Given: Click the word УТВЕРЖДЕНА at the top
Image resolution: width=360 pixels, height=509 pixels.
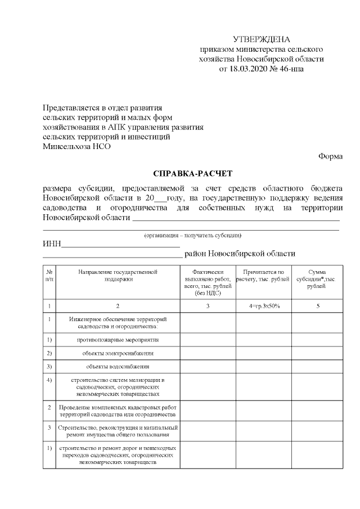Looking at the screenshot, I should point(262,39).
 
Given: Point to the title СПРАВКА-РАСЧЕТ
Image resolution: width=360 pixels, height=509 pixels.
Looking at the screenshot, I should point(193,174).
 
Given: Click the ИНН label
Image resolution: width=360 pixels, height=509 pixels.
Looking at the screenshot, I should point(52,245).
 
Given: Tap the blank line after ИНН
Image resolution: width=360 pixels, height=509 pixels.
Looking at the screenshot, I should point(120,245).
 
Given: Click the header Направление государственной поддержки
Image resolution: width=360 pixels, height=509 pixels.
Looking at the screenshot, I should point(118,275).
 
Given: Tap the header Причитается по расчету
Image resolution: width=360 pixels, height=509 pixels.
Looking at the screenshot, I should point(263,275).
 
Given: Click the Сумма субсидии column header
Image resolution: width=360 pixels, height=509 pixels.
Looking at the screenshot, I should point(318,279).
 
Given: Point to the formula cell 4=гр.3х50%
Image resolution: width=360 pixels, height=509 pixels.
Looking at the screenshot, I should point(263,306).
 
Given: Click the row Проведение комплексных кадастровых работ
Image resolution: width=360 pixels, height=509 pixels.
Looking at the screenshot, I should point(118,410).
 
